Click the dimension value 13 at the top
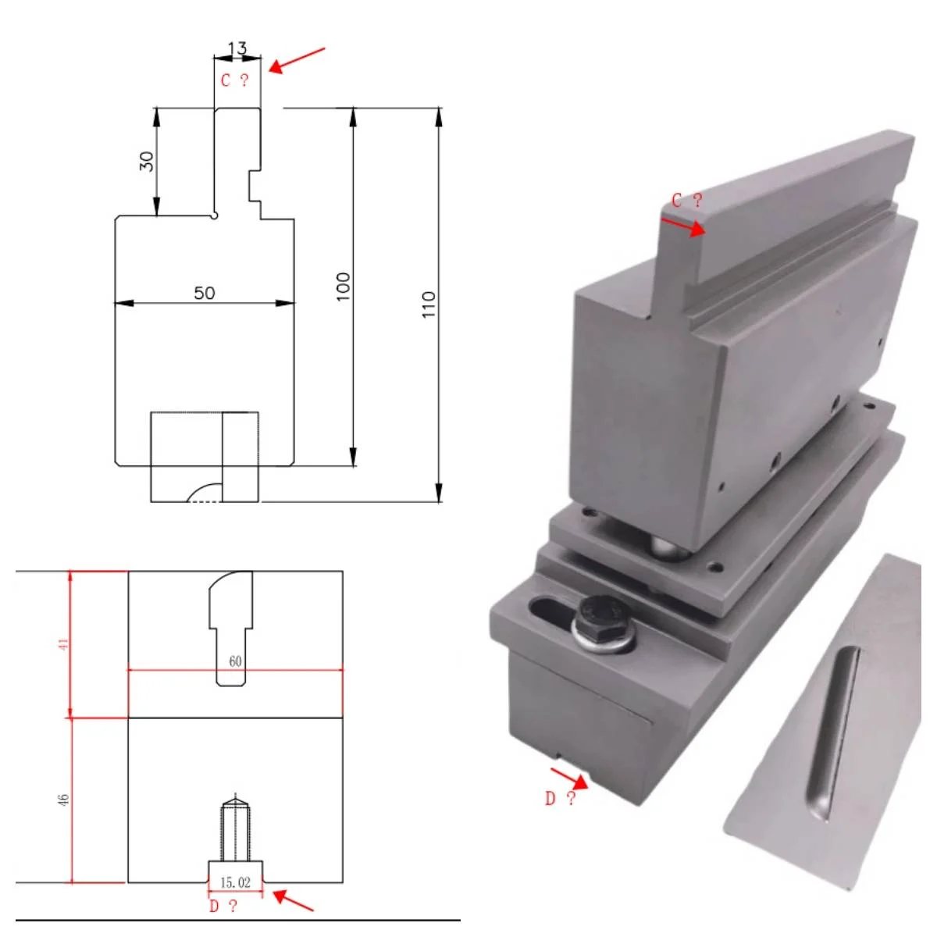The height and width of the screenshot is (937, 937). coord(237,48)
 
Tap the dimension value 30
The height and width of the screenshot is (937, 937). coord(146,162)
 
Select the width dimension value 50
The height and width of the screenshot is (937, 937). coord(204,293)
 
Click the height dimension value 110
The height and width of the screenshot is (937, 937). coord(428,305)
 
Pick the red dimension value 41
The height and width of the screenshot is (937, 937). coord(63,644)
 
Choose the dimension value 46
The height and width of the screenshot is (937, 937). coord(63,800)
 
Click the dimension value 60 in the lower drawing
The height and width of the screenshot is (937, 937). coord(235,661)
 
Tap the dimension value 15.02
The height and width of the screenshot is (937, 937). coord(235,882)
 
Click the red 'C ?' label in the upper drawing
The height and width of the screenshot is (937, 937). coord(234,80)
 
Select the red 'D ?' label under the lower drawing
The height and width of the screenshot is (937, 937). coord(223,907)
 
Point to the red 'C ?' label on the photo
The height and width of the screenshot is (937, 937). coord(687,201)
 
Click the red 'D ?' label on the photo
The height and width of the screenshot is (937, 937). coord(560,798)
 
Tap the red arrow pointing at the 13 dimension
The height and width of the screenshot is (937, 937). coord(296,60)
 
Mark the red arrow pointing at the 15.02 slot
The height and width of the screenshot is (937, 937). coord(294,900)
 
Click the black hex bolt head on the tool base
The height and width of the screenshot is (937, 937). coord(602,616)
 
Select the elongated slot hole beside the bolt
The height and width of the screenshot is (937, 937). coord(551,609)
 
